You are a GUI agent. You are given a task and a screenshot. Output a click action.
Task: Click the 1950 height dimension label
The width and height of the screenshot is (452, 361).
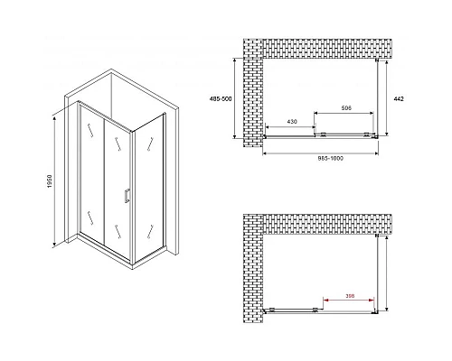50,181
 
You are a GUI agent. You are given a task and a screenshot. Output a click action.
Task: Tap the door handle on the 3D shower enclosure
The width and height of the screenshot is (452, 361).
127,195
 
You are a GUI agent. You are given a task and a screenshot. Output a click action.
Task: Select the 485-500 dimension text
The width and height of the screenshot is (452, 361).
221,98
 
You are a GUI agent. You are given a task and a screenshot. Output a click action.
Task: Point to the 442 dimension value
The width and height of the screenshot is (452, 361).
399,98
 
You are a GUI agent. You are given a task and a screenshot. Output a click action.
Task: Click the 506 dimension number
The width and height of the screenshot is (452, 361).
346,107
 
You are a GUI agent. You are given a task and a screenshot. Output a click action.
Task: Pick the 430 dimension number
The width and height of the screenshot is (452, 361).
292,122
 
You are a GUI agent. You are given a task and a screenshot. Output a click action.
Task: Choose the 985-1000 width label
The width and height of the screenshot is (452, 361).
331,159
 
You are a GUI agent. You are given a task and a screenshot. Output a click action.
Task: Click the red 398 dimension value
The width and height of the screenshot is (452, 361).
350,296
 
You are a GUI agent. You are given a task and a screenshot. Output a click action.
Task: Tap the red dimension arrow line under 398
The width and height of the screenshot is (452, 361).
349,300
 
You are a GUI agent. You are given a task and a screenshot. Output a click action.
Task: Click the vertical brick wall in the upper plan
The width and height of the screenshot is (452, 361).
253,93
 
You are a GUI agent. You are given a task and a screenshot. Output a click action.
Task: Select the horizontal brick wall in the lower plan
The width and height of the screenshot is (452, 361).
327,224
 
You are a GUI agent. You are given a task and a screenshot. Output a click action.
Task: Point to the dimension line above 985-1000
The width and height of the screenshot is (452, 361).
321,153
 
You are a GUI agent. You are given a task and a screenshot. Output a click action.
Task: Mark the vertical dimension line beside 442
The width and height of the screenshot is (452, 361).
386,97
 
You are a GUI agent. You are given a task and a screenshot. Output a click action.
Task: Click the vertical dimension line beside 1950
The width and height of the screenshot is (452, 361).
54,181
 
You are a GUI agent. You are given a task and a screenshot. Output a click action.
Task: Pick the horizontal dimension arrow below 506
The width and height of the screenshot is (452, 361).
344,113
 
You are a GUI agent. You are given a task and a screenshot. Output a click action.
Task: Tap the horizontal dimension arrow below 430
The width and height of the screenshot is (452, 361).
289,127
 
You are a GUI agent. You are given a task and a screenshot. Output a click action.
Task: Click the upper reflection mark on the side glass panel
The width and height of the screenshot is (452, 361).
150,143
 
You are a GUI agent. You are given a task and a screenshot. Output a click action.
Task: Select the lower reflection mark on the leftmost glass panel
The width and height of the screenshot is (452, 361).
90,218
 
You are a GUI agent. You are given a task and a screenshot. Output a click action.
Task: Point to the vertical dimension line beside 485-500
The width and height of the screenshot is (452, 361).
235,98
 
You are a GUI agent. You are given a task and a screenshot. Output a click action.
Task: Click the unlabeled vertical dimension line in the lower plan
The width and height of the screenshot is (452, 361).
386,273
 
